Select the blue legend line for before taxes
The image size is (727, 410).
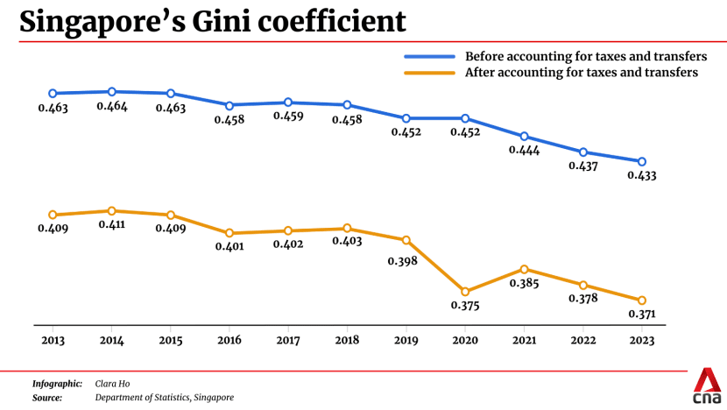coord(430,56)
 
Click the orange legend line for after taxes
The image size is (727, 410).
coord(430,73)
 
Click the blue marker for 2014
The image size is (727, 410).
coord(111,91)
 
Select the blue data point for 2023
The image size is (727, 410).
coord(642,161)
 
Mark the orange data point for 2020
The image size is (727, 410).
coord(465,292)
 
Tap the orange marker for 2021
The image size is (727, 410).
coord(524,269)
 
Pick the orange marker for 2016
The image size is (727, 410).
coord(229,233)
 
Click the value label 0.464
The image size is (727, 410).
coord(111,106)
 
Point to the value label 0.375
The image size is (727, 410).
coord(465,306)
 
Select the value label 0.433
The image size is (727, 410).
coord(642,175)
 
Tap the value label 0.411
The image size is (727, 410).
coord(111,225)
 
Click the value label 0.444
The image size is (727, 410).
coord(524,151)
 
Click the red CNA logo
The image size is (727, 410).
coord(706,385)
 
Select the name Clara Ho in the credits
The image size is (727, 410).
coord(112,384)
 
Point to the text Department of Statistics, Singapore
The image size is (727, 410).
coord(164,398)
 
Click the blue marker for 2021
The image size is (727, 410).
coord(524,137)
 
